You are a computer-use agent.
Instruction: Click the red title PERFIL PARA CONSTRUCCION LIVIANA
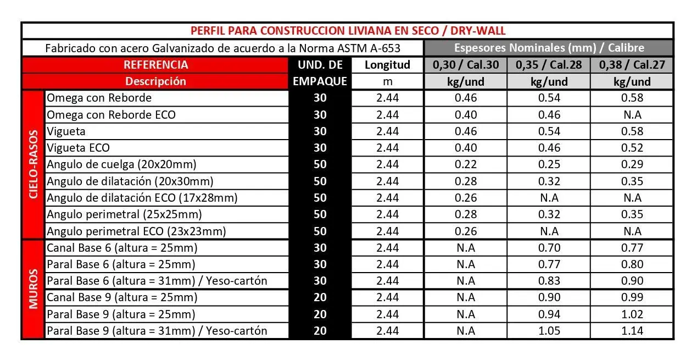(x=348, y=31)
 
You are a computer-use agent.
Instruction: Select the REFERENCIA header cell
(x=156, y=65)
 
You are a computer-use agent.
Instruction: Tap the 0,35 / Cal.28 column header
(x=549, y=65)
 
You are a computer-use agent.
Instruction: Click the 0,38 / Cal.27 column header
(x=632, y=65)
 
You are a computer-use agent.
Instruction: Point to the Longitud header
(x=387, y=65)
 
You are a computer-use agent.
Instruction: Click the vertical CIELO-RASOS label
(x=34, y=164)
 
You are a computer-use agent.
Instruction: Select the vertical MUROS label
(x=34, y=289)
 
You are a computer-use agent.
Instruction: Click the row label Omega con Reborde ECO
(x=111, y=115)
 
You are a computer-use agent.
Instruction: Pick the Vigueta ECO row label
(x=78, y=148)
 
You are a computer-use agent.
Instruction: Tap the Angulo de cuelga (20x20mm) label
(x=121, y=164)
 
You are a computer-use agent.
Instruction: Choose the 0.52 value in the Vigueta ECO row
(x=632, y=148)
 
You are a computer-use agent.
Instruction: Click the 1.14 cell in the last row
(x=632, y=331)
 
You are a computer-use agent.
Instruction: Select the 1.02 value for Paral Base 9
(x=632, y=314)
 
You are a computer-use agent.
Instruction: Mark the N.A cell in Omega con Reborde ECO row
(x=632, y=115)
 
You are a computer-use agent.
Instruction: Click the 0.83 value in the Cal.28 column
(x=549, y=281)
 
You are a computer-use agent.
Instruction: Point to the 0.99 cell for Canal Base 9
(x=632, y=297)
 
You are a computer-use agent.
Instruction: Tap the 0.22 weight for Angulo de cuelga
(x=466, y=164)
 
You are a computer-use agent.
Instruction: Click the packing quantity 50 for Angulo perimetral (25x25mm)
(x=320, y=214)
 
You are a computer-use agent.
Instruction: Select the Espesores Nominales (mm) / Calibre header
(x=549, y=48)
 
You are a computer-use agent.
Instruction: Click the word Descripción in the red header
(x=155, y=81)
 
